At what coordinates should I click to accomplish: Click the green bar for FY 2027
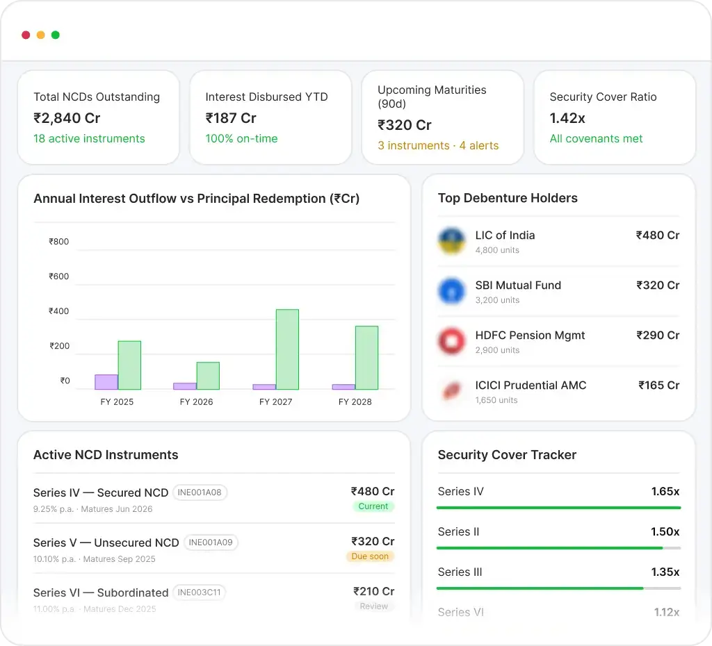[x=287, y=349]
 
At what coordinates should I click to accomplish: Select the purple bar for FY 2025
[x=106, y=382]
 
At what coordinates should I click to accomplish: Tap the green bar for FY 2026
[x=208, y=376]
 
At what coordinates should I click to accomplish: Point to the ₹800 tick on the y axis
[x=59, y=242]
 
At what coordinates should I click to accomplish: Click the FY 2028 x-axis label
[x=355, y=401]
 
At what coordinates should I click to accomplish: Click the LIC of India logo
[x=452, y=241]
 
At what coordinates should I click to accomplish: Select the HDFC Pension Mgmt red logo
[x=452, y=341]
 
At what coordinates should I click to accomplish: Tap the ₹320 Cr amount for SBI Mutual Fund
[x=657, y=285]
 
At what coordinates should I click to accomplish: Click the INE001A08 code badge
[x=200, y=492]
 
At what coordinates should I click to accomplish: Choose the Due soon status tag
[x=370, y=556]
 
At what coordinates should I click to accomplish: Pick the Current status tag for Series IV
[x=373, y=506]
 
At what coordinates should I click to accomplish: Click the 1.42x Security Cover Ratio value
[x=567, y=118]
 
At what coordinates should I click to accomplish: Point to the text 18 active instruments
[x=89, y=138]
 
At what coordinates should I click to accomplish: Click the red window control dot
[x=26, y=35]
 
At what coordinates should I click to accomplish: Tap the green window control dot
[x=56, y=35]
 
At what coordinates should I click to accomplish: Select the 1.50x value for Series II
[x=665, y=531]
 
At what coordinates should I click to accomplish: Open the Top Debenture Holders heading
[x=508, y=198]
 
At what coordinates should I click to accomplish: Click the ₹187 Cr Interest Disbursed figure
[x=231, y=118]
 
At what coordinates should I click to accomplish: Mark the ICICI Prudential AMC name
[x=531, y=385]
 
